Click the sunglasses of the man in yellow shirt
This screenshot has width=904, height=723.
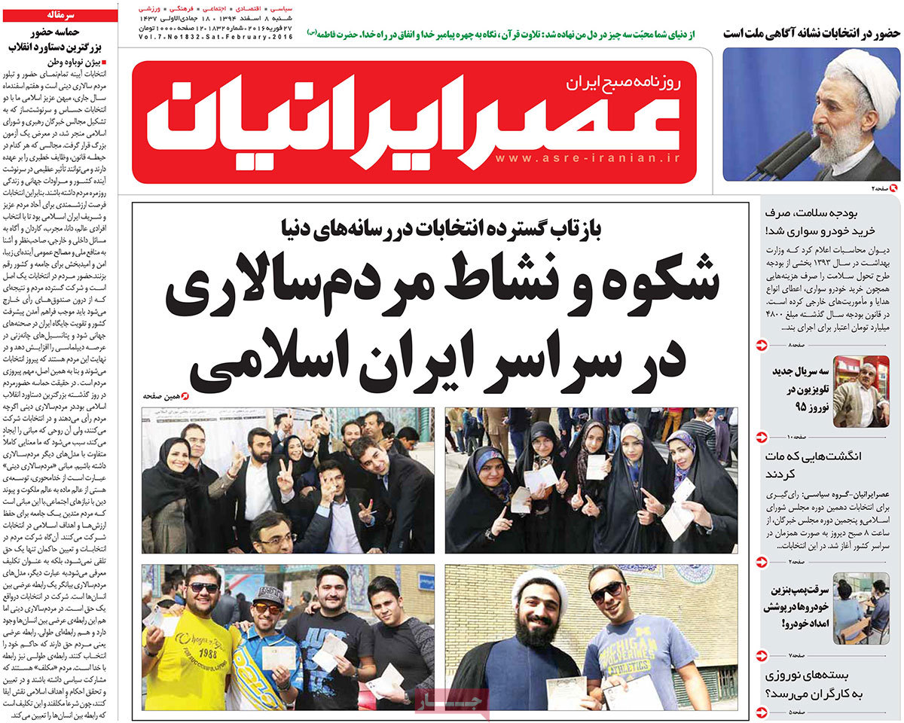click(203, 587)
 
